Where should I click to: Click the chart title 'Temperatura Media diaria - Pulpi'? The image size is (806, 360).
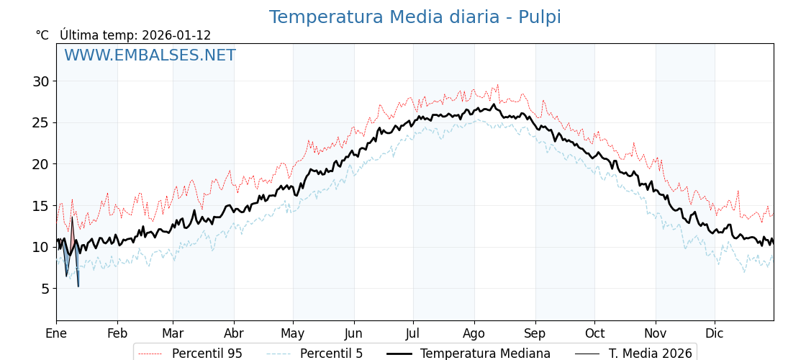tap(415, 17)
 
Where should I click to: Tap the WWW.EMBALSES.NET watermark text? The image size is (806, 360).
tap(150, 55)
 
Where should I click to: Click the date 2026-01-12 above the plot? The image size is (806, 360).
tap(176, 35)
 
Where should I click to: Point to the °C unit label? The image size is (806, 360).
tap(42, 35)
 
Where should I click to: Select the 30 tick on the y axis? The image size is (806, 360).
tap(41, 81)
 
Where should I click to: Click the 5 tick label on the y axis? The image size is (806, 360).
tap(45, 289)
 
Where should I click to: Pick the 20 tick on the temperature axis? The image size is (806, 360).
tap(41, 164)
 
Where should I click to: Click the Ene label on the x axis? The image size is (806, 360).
tap(56, 333)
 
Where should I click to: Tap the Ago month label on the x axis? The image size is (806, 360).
tap(474, 333)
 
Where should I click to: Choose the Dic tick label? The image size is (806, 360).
tap(715, 333)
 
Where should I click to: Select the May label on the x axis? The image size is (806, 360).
tap(293, 333)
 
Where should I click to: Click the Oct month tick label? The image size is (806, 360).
tap(594, 333)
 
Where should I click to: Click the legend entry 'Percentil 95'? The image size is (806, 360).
tap(207, 354)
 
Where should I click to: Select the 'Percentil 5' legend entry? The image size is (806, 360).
tap(331, 354)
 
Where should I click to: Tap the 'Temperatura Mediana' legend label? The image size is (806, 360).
tap(485, 354)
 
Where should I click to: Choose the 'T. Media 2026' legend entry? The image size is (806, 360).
tap(651, 354)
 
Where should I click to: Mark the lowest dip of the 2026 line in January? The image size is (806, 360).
tap(78, 287)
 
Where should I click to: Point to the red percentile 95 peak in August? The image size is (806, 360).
tap(497, 85)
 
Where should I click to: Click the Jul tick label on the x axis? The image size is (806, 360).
tap(413, 333)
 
